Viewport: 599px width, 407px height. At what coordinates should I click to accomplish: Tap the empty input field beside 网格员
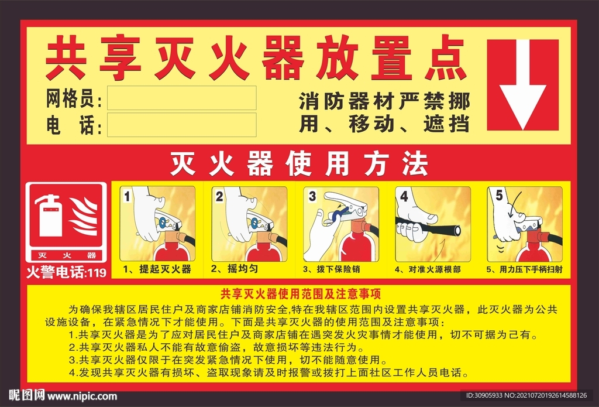pyautogui.click(x=181, y=98)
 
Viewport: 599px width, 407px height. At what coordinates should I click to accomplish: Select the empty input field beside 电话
pyautogui.click(x=181, y=125)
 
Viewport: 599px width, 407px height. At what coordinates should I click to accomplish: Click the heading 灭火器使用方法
pyautogui.click(x=299, y=164)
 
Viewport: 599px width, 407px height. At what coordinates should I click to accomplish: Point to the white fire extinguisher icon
pyautogui.click(x=50, y=217)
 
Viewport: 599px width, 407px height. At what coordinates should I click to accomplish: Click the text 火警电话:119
pyautogui.click(x=66, y=272)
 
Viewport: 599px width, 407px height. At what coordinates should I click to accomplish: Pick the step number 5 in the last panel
pyautogui.click(x=498, y=196)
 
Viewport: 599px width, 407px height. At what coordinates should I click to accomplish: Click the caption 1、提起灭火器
pyautogui.click(x=157, y=269)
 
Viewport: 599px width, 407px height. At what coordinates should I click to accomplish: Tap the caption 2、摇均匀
pyautogui.click(x=234, y=269)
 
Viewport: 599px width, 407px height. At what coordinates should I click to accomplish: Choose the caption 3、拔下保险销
pyautogui.click(x=331, y=269)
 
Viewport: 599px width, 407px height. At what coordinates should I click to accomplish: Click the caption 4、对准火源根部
pyautogui.click(x=427, y=269)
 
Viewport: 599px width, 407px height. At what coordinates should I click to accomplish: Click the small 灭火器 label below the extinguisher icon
pyautogui.click(x=66, y=256)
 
